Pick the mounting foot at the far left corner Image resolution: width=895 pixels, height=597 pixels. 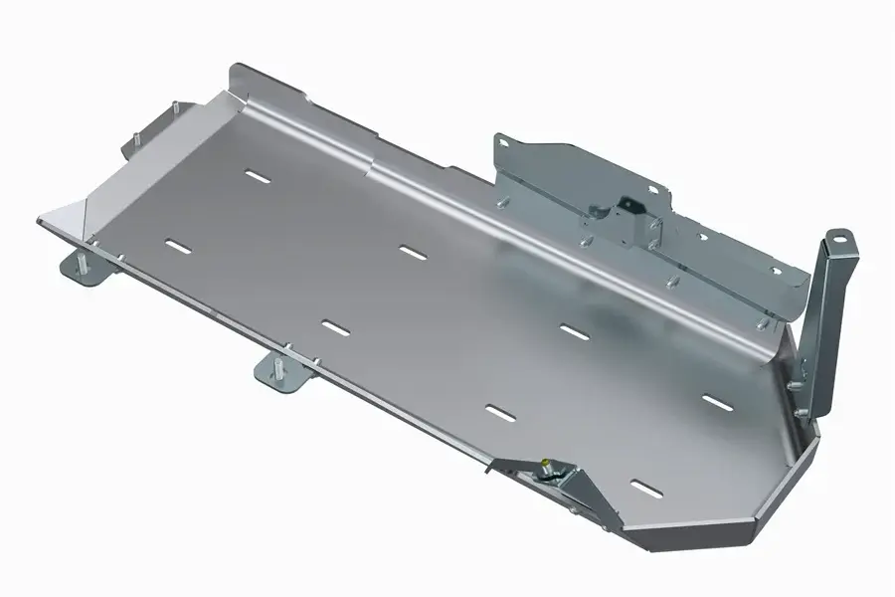point(84,267)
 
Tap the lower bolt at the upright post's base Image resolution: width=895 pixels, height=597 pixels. point(796,384)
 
